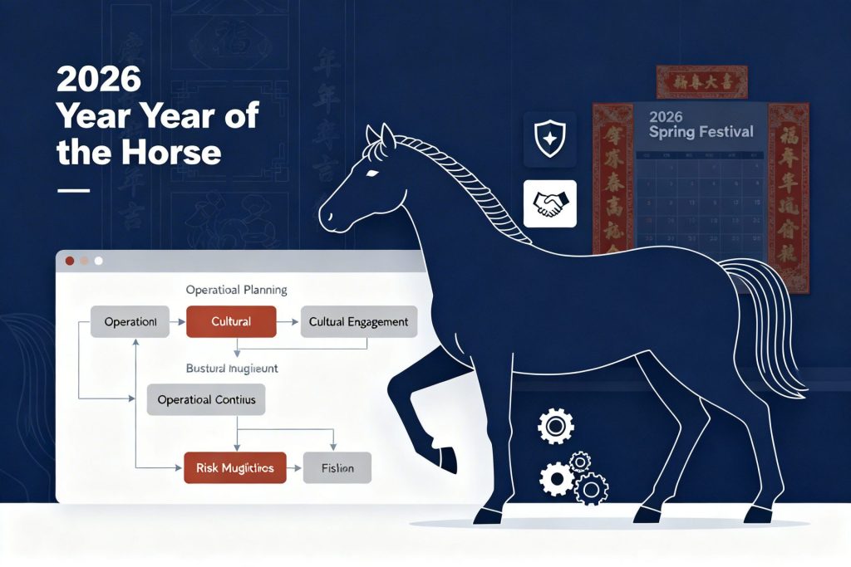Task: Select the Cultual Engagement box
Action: coord(358,320)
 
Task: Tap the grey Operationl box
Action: coord(130,320)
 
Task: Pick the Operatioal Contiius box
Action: coord(206,399)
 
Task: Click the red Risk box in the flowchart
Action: coord(234,467)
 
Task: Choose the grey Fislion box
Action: coord(337,467)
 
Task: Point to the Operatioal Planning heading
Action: coord(236,290)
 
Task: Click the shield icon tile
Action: coord(549,138)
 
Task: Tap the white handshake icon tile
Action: coord(549,204)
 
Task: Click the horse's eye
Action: coord(371,173)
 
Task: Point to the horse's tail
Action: coord(769,324)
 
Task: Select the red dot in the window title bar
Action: coord(69,261)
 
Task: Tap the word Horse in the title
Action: coord(180,152)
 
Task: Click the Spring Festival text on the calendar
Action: coord(701,132)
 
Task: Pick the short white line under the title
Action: coord(72,190)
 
